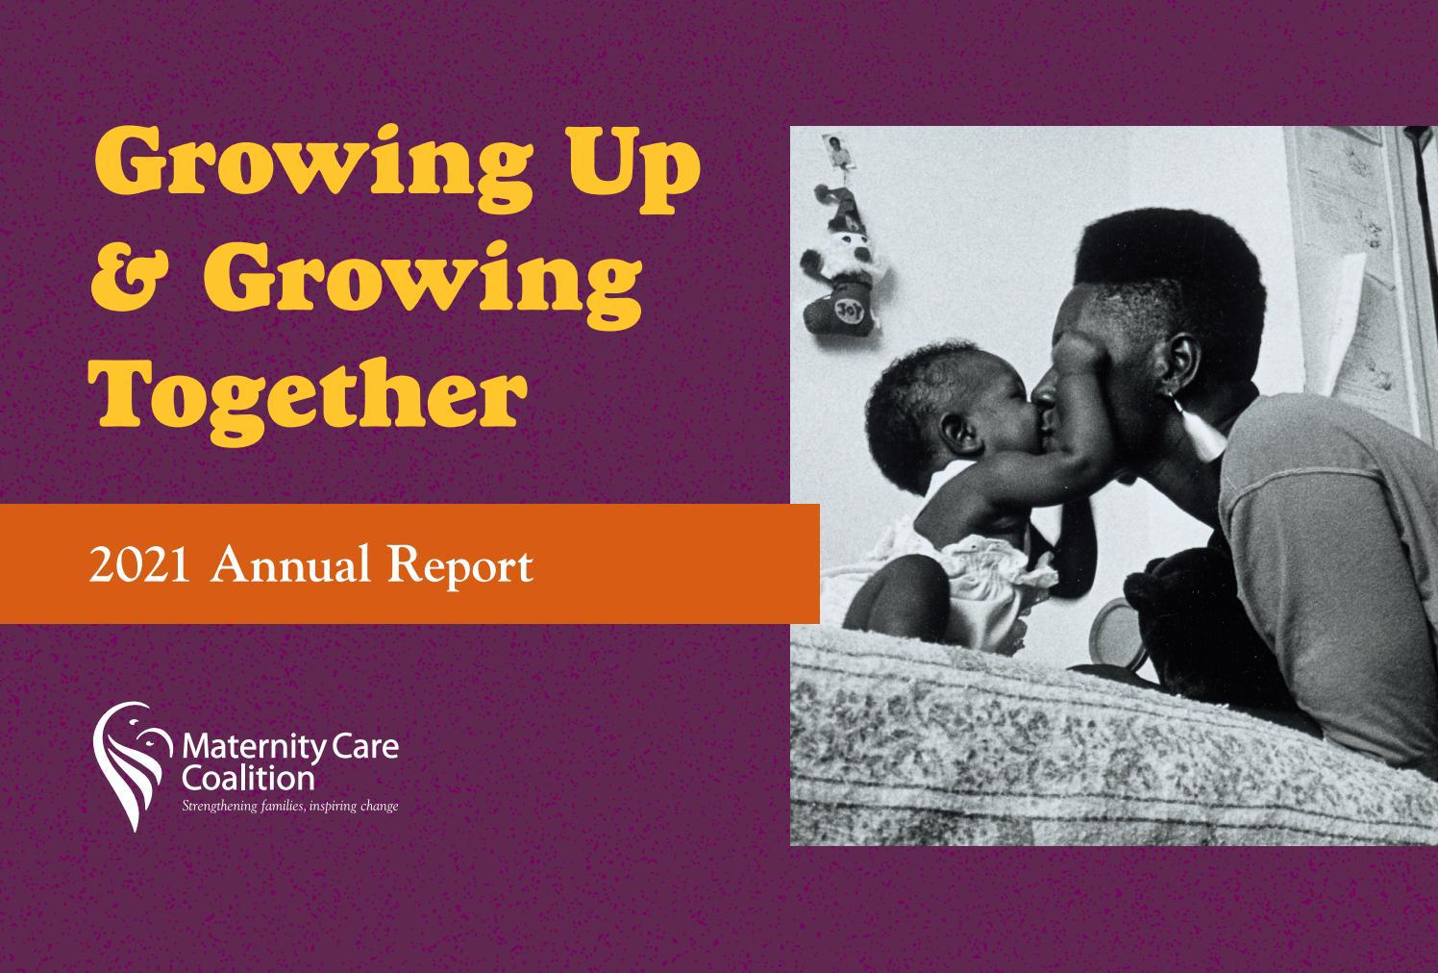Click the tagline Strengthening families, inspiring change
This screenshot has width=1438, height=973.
pyautogui.click(x=289, y=806)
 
